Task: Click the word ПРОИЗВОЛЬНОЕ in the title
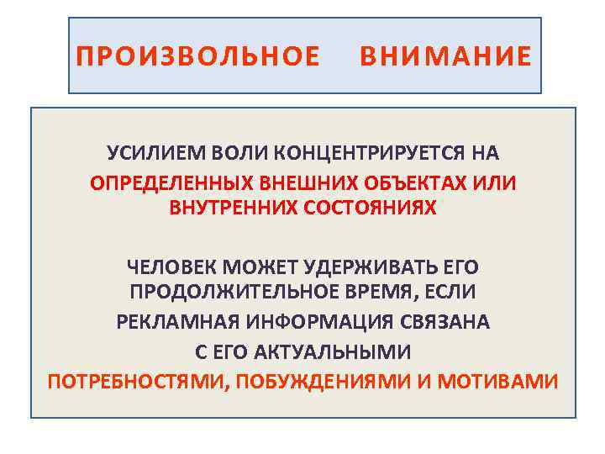click(197, 56)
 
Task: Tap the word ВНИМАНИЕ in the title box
click(445, 56)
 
